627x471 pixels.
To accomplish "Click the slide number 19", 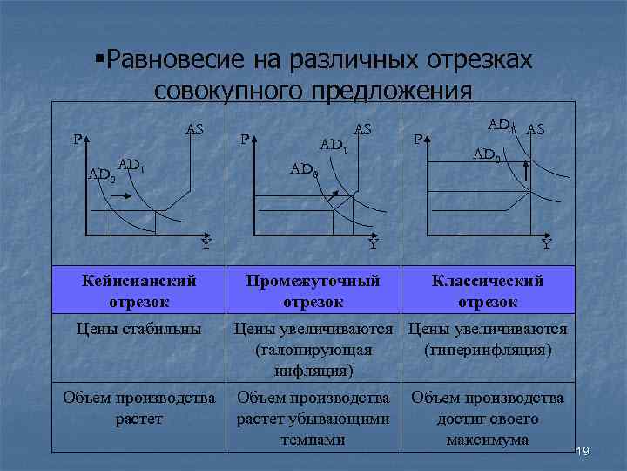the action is [583, 450].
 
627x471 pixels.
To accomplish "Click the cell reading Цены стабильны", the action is [138, 329].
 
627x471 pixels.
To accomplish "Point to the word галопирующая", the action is [313, 350].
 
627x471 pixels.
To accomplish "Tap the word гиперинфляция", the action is [488, 350].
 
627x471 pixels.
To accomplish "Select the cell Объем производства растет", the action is [138, 408].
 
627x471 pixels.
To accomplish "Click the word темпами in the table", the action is [313, 439].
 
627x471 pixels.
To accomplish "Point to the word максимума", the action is [488, 439].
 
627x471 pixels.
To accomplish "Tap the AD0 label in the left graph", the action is [101, 174].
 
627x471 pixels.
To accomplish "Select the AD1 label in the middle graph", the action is [334, 144].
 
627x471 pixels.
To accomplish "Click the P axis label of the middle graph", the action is [245, 138].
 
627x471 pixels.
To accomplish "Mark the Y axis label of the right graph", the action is [546, 245].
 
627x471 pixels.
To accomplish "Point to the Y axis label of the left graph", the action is [206, 245].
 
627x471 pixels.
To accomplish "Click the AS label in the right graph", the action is [536, 129].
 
